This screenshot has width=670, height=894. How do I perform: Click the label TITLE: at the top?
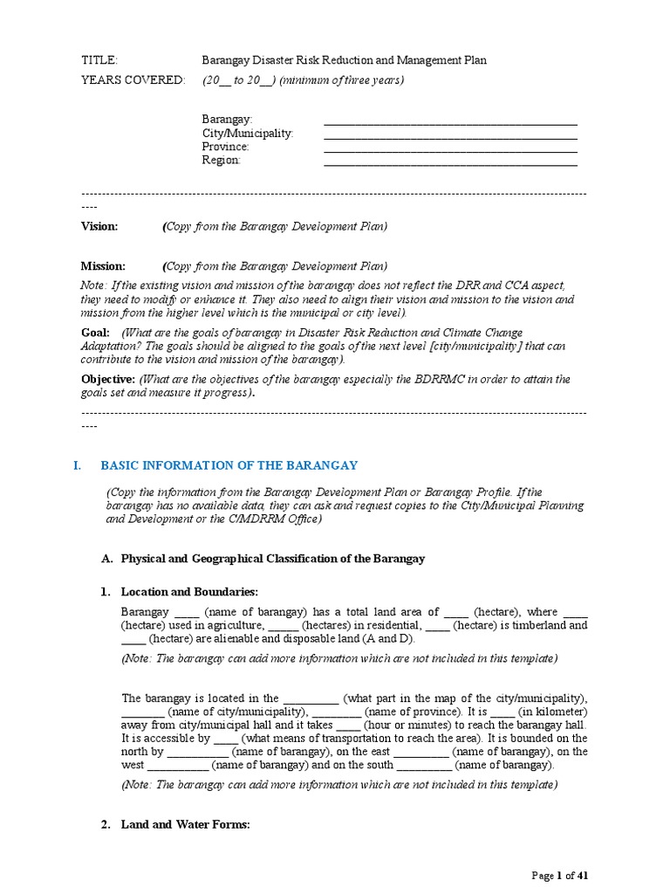[x=99, y=60]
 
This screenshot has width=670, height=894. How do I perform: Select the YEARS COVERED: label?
[x=133, y=80]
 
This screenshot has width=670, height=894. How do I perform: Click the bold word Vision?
[x=99, y=226]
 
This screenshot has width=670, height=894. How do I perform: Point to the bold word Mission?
[x=103, y=266]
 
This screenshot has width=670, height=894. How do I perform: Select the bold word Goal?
[x=95, y=333]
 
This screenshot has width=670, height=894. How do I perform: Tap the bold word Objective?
[x=108, y=379]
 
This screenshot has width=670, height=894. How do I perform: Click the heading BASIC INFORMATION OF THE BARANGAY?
[x=229, y=465]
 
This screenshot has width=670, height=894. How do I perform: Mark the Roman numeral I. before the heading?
[x=77, y=465]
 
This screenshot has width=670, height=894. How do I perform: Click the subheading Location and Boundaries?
[x=189, y=592]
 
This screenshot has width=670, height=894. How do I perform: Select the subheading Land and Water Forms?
[x=186, y=824]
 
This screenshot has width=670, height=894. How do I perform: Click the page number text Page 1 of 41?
[x=565, y=876]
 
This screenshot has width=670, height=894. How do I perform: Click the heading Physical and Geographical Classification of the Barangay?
[x=272, y=558]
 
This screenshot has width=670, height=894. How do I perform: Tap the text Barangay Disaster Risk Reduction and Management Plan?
[x=345, y=60]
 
